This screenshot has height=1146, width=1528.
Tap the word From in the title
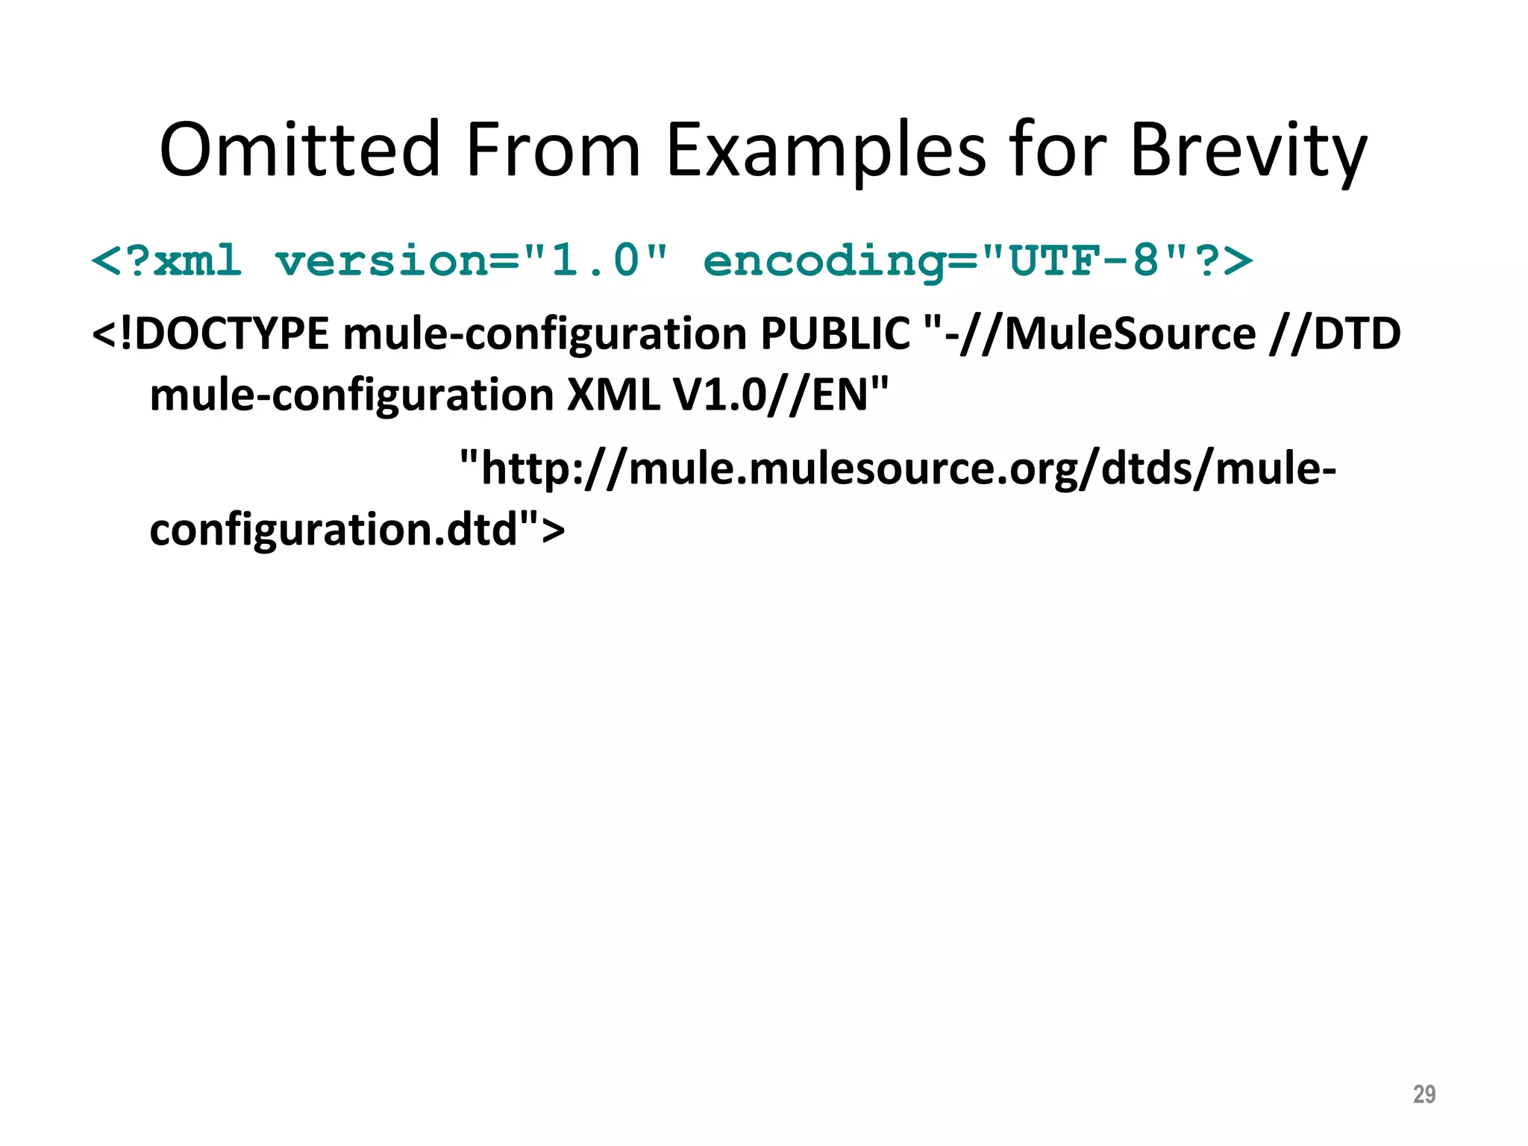(x=552, y=150)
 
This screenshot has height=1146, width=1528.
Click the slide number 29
(x=1424, y=1094)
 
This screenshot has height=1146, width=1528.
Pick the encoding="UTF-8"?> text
(x=977, y=261)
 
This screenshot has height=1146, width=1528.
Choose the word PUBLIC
(x=835, y=334)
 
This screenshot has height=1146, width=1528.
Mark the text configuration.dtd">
(x=357, y=529)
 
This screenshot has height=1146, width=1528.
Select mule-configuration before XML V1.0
(x=351, y=396)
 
